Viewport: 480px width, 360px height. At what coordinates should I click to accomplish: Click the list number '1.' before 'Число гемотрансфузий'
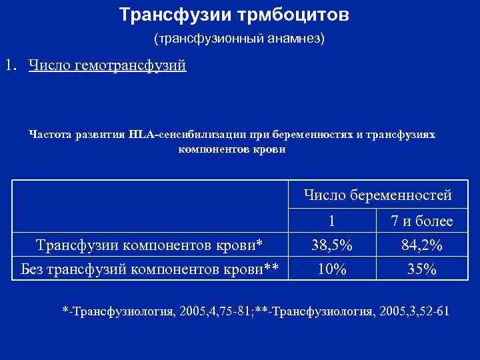(11, 66)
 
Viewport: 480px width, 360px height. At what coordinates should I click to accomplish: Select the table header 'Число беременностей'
(377, 195)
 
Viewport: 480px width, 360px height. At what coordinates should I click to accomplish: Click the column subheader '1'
(331, 221)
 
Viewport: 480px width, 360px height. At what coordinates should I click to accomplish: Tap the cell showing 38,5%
(331, 245)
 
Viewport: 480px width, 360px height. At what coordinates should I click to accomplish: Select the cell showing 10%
(331, 269)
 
